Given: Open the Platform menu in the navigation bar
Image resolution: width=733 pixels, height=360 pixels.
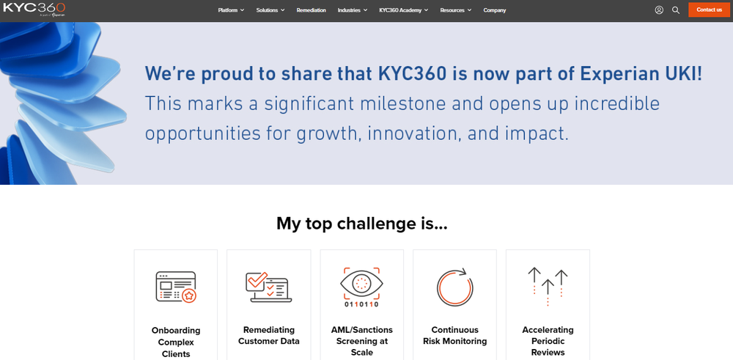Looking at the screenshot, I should (231, 10).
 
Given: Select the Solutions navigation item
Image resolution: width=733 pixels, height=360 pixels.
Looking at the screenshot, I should (270, 10).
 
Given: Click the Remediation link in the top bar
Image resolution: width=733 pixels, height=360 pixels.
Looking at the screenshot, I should (311, 10).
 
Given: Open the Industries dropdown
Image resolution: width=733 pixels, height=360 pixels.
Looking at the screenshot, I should (352, 10).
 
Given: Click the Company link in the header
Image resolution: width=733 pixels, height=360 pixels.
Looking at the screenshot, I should (494, 10).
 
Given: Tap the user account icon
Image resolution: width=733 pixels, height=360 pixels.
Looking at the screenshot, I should (659, 10).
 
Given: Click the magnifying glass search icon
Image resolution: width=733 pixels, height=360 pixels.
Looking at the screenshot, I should (676, 10).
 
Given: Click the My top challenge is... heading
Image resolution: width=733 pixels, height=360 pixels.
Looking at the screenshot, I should (361, 223).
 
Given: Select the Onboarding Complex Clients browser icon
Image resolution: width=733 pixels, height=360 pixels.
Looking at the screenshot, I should (176, 287).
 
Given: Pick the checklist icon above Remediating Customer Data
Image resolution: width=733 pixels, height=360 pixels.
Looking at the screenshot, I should (268, 287).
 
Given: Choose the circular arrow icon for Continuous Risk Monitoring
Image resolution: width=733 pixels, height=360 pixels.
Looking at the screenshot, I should (454, 287).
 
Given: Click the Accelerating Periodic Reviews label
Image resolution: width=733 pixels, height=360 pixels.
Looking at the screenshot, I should (548, 341).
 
